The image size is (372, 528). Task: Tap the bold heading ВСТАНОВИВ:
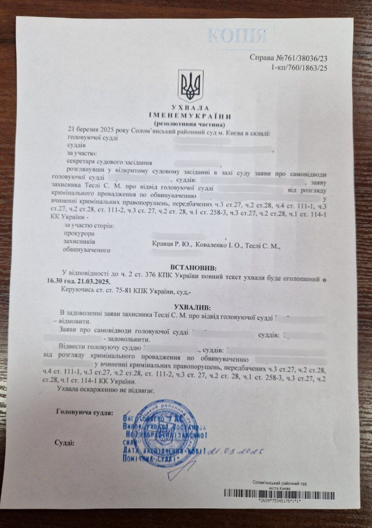[x=189, y=268]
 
